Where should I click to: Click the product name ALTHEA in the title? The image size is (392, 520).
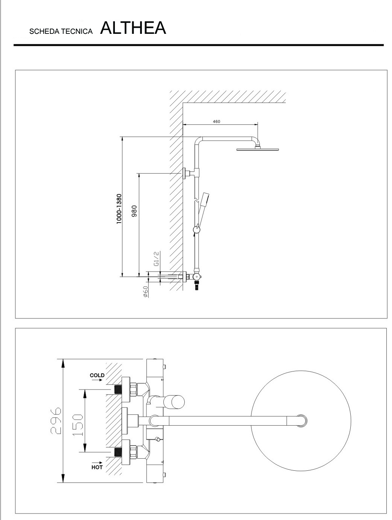click(x=133, y=28)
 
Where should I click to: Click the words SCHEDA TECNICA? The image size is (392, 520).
click(x=61, y=32)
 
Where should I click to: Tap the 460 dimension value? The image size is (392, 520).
click(x=216, y=121)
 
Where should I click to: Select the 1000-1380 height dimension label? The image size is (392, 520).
click(x=119, y=209)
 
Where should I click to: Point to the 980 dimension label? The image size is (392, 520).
click(x=134, y=211)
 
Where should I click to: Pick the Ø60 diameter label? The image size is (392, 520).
click(x=145, y=291)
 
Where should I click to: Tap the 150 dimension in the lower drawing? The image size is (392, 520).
click(x=77, y=425)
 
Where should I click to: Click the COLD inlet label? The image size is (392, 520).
click(x=97, y=375)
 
